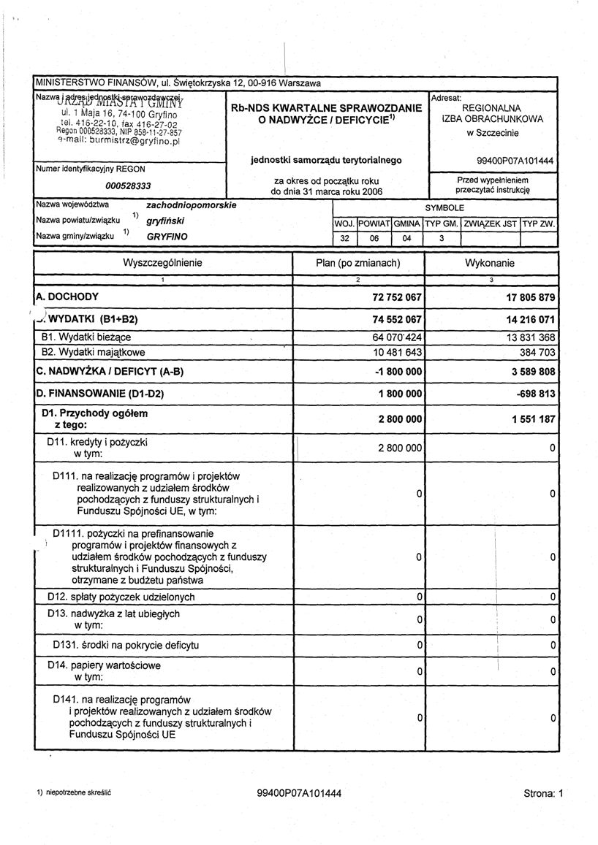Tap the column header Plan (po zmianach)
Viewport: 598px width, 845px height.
[x=358, y=262]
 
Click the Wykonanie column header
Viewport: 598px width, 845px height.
[x=490, y=262]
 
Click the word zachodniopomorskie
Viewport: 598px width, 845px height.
[x=192, y=205]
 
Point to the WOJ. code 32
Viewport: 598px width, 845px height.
[x=344, y=238]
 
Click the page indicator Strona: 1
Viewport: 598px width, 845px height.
[x=544, y=793]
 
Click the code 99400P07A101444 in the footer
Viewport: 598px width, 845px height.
[x=299, y=793]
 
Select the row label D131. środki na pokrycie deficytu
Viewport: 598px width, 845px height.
[x=126, y=646]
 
